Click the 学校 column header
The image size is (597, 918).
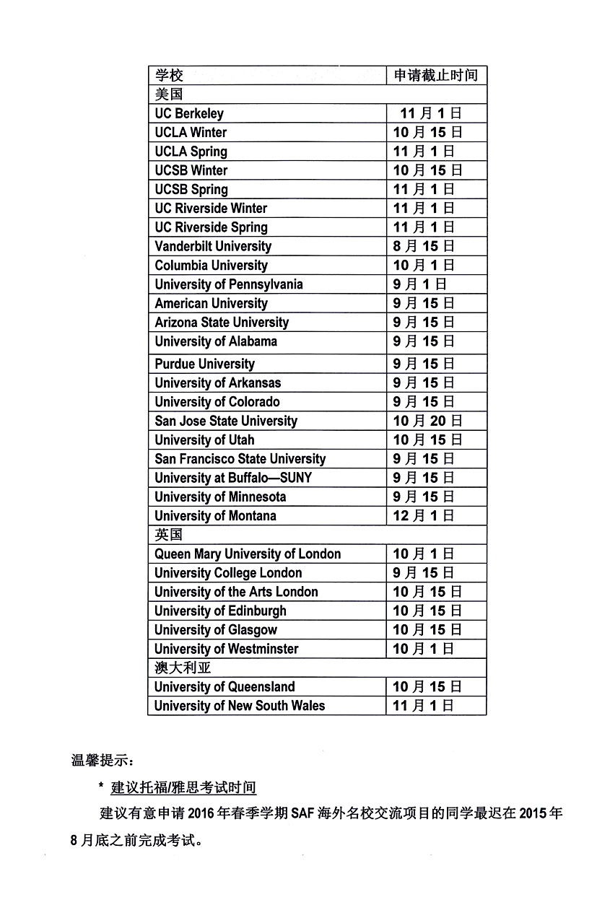pyautogui.click(x=170, y=75)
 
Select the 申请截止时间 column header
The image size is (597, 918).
pyautogui.click(x=435, y=75)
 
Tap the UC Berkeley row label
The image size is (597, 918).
pyautogui.click(x=189, y=113)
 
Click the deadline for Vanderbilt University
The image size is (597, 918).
pyautogui.click(x=424, y=246)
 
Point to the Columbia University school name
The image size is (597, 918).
pyautogui.click(x=211, y=265)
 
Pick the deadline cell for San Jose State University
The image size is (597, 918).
pyautogui.click(x=427, y=421)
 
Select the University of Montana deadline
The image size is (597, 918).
pyautogui.click(x=424, y=515)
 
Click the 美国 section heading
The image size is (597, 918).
pyautogui.click(x=169, y=94)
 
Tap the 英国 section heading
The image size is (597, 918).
pyautogui.click(x=169, y=535)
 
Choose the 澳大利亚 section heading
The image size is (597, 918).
pyautogui.click(x=183, y=668)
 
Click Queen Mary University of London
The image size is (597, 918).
pyautogui.click(x=248, y=554)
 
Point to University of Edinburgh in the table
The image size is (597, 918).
pyautogui.click(x=220, y=611)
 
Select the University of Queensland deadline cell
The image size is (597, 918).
pyautogui.click(x=427, y=686)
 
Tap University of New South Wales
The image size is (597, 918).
pyautogui.click(x=240, y=705)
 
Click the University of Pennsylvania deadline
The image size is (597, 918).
pyautogui.click(x=420, y=284)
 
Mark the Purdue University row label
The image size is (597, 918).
pyautogui.click(x=204, y=364)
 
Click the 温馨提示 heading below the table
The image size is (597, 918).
pyautogui.click(x=102, y=760)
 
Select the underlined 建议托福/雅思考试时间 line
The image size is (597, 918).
pyautogui.click(x=183, y=787)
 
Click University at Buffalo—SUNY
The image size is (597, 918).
pyautogui.click(x=233, y=478)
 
